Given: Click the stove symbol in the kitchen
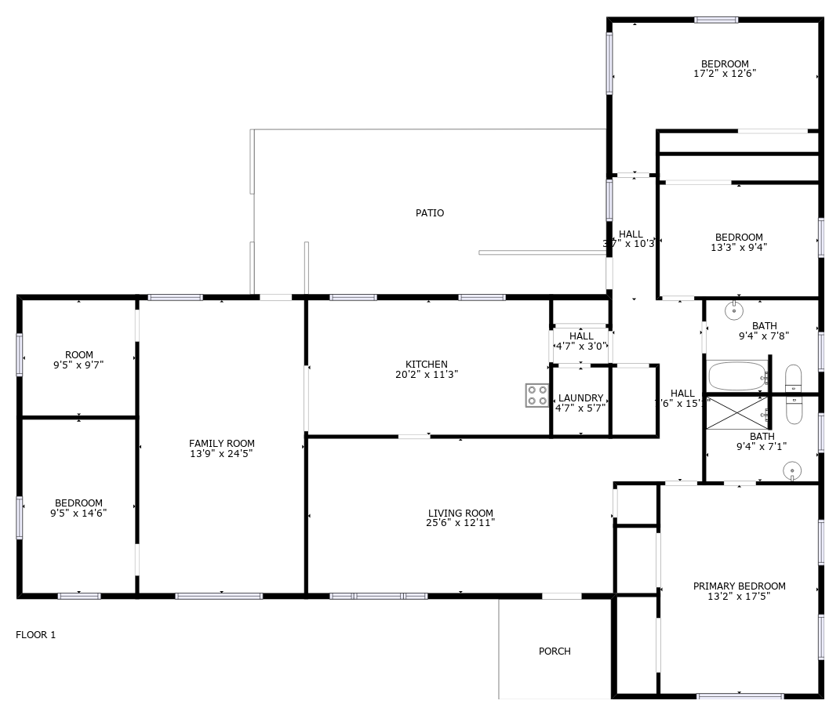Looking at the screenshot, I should tap(537, 395).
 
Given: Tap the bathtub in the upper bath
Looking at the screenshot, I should tap(736, 376).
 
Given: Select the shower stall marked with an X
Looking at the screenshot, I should tap(736, 413).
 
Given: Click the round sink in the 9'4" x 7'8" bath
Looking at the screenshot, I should tap(734, 310).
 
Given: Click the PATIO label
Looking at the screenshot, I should tap(430, 213).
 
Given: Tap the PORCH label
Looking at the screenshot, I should tap(555, 651).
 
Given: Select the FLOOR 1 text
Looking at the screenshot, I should tap(36, 635).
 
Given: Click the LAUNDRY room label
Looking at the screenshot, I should tap(580, 398).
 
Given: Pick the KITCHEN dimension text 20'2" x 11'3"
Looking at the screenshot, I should tap(427, 375).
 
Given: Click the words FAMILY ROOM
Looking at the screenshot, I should tap(222, 444).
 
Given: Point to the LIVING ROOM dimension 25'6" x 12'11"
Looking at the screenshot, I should tap(460, 523).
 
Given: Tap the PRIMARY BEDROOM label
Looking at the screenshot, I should tap(739, 586).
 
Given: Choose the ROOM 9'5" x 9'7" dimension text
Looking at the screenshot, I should tap(78, 365).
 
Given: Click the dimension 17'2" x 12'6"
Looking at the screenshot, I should tap(725, 74).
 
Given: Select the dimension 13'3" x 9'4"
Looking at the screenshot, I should tap(738, 247).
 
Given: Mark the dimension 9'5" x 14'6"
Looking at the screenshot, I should tap(78, 514).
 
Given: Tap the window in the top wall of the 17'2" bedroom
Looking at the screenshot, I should tap(716, 20).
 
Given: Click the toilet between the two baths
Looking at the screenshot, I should tap(794, 394).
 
